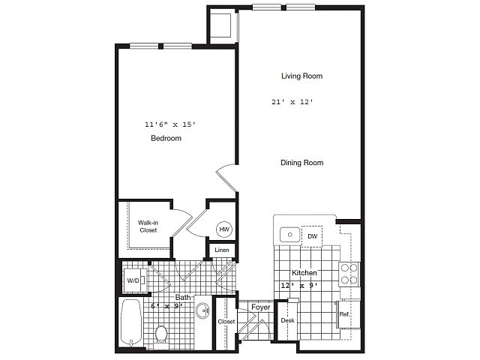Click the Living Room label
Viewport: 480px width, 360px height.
click(301, 76)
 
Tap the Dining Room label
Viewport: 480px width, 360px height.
click(301, 163)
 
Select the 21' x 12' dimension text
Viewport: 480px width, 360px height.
click(292, 102)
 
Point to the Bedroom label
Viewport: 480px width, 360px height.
click(166, 138)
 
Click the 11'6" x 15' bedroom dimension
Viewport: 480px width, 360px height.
click(170, 124)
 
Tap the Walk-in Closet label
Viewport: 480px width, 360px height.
click(148, 226)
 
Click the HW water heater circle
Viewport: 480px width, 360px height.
click(224, 229)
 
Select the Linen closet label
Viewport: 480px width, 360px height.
click(222, 250)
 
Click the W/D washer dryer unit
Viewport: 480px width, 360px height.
click(134, 280)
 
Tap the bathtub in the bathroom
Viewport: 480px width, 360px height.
click(131, 322)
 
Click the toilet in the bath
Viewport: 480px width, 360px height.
click(160, 334)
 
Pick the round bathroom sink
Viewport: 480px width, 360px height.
click(202, 310)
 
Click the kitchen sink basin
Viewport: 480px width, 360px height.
click(289, 235)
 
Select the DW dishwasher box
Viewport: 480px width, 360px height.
click(312, 236)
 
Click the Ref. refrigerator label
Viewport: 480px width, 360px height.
click(344, 314)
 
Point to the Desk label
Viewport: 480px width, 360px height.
click(288, 320)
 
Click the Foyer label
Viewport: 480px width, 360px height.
click(261, 307)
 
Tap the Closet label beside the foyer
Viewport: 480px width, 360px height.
click(226, 322)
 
